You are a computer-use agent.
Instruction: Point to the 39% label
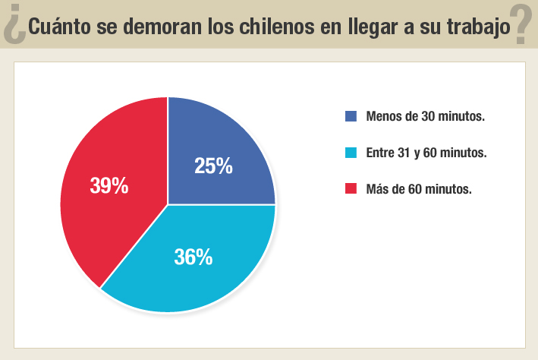[109, 186]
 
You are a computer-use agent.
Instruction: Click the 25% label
[213, 166]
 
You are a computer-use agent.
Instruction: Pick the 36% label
[193, 257]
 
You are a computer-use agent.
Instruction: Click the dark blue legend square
[351, 116]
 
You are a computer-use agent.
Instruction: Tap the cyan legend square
[351, 153]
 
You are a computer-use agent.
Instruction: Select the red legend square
[351, 188]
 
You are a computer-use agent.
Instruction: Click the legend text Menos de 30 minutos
[425, 116]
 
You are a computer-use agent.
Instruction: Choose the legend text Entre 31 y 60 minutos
[426, 153]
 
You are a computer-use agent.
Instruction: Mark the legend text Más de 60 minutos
[418, 188]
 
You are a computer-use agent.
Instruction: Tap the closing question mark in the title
[520, 24]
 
